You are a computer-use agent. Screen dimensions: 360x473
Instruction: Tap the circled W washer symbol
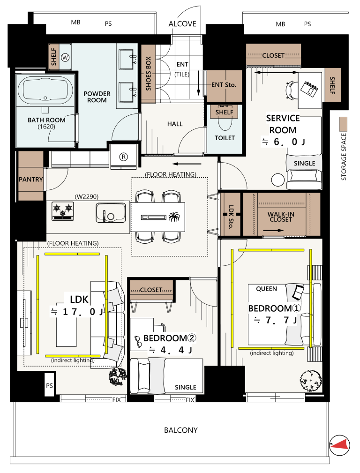tap(65, 57)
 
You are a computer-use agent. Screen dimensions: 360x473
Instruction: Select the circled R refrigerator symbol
tap(123, 157)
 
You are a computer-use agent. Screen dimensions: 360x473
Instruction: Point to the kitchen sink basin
tap(111, 212)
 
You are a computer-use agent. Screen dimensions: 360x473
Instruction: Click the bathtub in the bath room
tap(45, 90)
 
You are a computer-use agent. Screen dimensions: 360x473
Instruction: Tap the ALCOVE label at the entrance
tap(182, 24)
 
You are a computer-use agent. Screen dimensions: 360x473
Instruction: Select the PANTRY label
tap(31, 180)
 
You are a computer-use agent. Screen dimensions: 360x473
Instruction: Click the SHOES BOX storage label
tap(148, 74)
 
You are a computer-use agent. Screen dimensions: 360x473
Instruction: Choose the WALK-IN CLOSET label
tap(281, 217)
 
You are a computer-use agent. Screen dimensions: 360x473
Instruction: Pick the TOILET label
tap(225, 138)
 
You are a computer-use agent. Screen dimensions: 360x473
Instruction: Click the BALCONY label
tap(181, 430)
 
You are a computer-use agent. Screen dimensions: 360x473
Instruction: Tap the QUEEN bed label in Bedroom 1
tap(266, 289)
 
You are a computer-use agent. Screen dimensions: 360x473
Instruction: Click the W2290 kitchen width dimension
tap(87, 197)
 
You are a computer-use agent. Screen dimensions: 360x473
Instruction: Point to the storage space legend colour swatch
tap(344, 124)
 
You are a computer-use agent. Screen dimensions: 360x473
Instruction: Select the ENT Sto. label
tap(224, 85)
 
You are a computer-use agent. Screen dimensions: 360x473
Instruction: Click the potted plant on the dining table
tap(174, 217)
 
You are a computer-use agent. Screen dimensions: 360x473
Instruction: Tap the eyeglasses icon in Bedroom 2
tap(138, 341)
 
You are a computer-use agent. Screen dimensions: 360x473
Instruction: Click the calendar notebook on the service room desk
tap(309, 89)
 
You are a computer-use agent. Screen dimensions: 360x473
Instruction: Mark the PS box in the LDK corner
tap(50, 385)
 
